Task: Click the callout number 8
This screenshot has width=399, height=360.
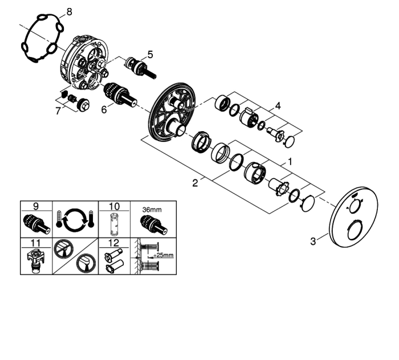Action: click(x=69, y=12)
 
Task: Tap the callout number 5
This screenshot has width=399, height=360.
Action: click(x=150, y=55)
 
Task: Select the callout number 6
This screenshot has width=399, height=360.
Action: click(x=104, y=109)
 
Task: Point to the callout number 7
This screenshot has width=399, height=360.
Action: click(x=58, y=111)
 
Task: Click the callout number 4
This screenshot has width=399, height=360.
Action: click(x=278, y=106)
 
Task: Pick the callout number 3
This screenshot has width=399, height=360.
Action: click(x=313, y=241)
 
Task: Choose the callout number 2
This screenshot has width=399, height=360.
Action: click(x=195, y=183)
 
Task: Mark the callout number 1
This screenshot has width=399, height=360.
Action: click(x=290, y=162)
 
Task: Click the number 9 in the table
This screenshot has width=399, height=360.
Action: click(x=36, y=206)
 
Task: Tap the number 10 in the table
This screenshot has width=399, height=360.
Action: click(x=114, y=206)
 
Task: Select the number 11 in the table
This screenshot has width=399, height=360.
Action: click(x=35, y=243)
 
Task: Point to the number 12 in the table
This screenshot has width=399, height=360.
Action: click(x=114, y=243)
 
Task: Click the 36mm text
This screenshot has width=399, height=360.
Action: click(x=152, y=210)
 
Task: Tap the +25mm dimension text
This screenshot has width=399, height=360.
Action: click(x=164, y=255)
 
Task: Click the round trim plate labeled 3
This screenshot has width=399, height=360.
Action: click(x=353, y=217)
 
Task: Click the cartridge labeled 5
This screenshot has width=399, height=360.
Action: click(x=141, y=68)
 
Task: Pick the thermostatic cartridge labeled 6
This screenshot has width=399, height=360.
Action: click(x=120, y=94)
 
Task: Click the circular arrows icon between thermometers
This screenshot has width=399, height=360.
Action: click(x=75, y=219)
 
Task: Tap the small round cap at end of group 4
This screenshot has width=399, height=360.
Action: click(x=290, y=142)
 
